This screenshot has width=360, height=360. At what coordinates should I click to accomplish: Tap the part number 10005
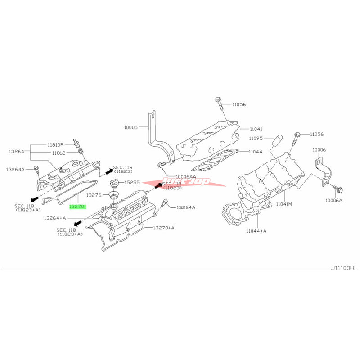[x=131, y=127]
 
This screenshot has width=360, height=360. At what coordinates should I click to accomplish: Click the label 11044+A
[x=256, y=231]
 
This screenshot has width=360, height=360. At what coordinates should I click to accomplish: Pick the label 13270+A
[x=164, y=228]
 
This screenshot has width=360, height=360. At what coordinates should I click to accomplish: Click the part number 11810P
[x=57, y=145]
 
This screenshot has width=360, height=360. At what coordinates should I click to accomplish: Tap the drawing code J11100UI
[x=344, y=268]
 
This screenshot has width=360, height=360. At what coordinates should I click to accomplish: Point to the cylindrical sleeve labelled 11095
[x=277, y=140]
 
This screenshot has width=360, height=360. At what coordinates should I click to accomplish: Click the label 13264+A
[x=54, y=218]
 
